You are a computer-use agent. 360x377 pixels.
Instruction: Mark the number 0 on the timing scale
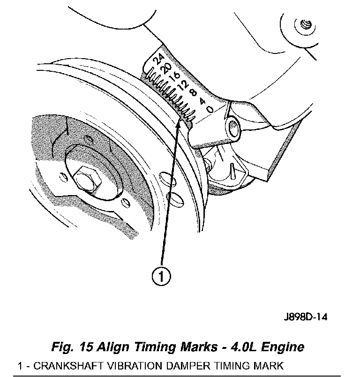coord(210,109)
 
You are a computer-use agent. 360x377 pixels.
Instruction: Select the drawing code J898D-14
coord(305,317)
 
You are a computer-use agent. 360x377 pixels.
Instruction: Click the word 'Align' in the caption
coord(113,347)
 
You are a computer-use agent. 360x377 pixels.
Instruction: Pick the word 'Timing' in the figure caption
coord(152,347)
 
